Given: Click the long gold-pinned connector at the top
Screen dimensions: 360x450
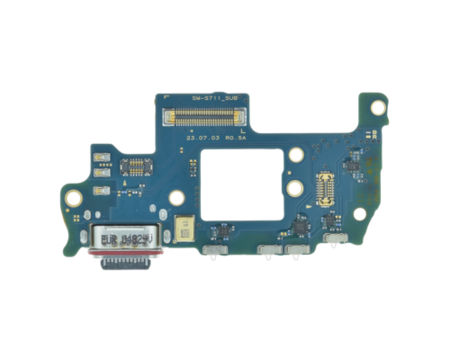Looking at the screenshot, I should [x=225, y=116].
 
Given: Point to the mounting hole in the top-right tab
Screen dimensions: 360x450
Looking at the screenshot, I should [x=378, y=105].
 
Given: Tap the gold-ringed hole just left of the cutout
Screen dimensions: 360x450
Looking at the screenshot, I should [x=177, y=197].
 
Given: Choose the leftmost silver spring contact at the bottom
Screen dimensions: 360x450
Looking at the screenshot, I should [x=213, y=249].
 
